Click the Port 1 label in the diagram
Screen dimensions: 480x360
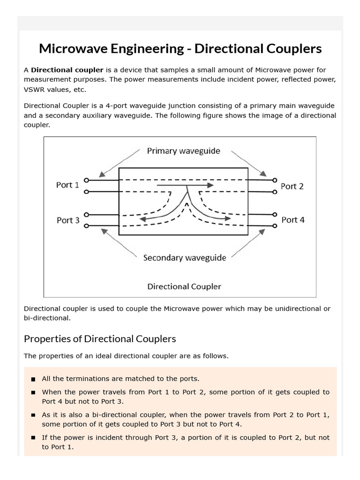(x=67, y=185)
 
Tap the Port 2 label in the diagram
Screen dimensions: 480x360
(x=292, y=186)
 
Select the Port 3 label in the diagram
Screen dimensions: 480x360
(x=68, y=220)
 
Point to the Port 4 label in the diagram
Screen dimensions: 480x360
(x=293, y=219)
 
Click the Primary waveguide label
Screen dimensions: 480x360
(x=183, y=151)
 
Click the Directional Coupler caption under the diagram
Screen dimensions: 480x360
(x=184, y=286)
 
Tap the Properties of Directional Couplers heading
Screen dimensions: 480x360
(x=100, y=338)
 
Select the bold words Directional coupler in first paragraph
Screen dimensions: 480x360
(x=67, y=70)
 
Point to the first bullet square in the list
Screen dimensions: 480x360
(x=33, y=379)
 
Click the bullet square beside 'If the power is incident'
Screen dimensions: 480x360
(x=33, y=438)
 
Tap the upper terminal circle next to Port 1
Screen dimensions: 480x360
(x=86, y=180)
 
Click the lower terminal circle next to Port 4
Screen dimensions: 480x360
(x=275, y=226)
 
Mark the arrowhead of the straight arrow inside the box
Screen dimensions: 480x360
(x=211, y=186)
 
